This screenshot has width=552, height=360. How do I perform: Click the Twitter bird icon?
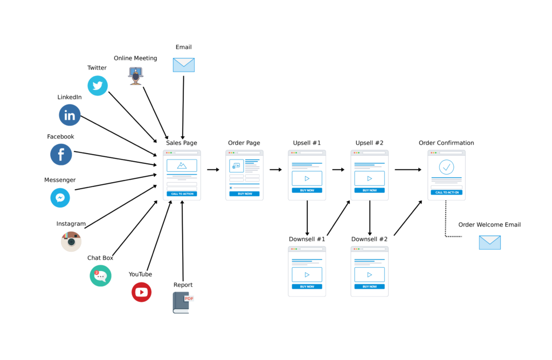click(x=98, y=86)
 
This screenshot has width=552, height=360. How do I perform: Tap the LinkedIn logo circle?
click(x=70, y=115)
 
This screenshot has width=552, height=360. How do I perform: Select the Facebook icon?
click(x=61, y=155)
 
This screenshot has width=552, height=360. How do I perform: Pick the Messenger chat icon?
click(x=60, y=198)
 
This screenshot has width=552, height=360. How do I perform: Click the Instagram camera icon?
click(x=71, y=241)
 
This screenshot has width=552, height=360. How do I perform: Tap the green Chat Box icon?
click(x=101, y=275)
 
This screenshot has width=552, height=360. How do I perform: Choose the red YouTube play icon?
click(x=142, y=292)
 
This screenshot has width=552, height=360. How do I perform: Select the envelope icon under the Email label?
click(x=184, y=65)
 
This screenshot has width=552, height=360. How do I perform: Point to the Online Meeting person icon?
click(x=136, y=76)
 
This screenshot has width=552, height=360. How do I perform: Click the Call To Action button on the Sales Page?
click(x=182, y=194)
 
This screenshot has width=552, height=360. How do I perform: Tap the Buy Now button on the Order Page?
click(x=244, y=194)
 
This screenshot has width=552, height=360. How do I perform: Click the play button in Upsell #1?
click(x=307, y=178)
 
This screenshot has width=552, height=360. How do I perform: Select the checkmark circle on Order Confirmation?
click(x=446, y=167)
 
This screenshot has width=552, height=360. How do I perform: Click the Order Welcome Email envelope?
click(x=489, y=243)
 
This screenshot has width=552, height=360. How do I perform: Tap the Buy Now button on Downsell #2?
click(x=370, y=287)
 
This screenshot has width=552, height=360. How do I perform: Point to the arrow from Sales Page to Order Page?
click(x=213, y=170)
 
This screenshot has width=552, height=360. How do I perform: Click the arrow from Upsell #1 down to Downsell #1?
click(x=307, y=218)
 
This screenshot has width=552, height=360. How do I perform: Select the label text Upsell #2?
click(x=369, y=143)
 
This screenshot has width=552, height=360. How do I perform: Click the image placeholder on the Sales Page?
click(x=182, y=166)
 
